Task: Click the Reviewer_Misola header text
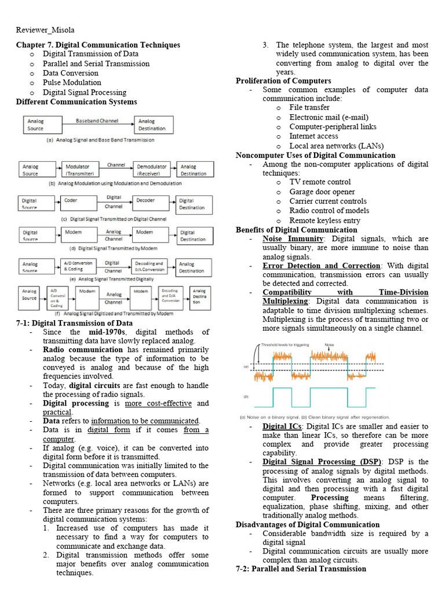[45, 30]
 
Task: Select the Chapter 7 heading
[98, 45]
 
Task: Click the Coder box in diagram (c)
[78, 203]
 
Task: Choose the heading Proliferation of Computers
[283, 81]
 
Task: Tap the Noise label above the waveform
[329, 345]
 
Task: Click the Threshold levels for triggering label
[285, 345]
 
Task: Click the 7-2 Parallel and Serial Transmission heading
[301, 568]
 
